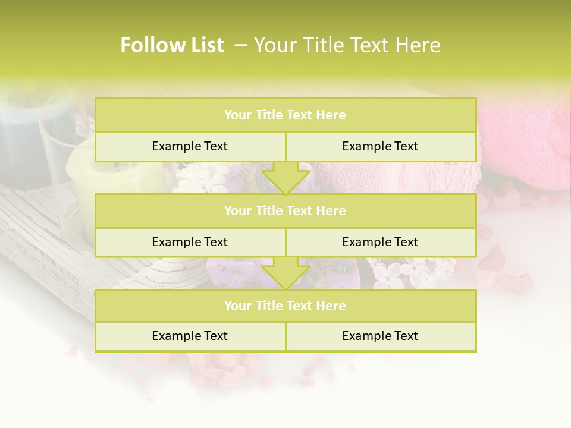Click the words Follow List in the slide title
click(172, 45)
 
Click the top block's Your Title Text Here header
click(285, 115)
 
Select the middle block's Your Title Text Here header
click(285, 211)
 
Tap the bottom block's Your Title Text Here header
click(285, 306)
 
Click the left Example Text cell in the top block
click(190, 147)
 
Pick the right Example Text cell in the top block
click(380, 147)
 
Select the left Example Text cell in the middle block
click(190, 243)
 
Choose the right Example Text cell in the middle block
click(380, 243)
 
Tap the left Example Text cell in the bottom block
click(190, 336)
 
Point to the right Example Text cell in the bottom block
click(380, 336)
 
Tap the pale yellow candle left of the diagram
click(80, 178)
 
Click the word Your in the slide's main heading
click(273, 45)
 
